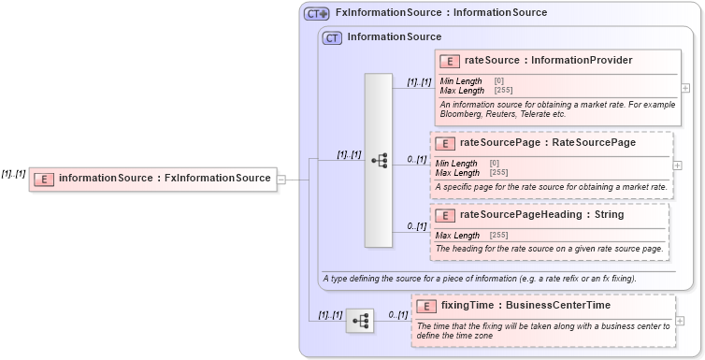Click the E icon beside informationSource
point(44,179)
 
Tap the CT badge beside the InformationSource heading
point(332,37)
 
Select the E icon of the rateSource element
point(450,61)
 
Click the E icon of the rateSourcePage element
point(445,143)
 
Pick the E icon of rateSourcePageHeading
point(445,215)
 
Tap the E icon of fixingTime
point(426,306)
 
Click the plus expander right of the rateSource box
point(686,88)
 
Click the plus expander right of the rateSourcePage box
point(677,166)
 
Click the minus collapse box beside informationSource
point(281,179)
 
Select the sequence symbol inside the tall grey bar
point(379,161)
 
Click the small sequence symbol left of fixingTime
point(360,322)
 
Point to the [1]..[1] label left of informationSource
point(14,174)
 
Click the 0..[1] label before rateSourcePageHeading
point(417,226)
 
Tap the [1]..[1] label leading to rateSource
point(419,82)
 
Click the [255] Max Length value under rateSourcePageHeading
point(498,235)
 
